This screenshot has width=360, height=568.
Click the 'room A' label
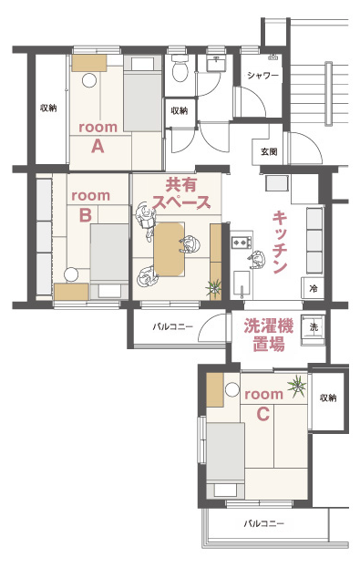coord(98,137)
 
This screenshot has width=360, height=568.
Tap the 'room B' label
coord(90,205)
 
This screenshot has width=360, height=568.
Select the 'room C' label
coord(263,404)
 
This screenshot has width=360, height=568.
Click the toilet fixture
coord(179,68)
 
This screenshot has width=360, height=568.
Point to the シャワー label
coord(263,76)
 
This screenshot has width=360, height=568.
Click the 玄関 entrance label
coord(269,151)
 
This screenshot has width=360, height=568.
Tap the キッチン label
coord(280,243)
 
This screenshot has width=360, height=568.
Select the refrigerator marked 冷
coord(314,288)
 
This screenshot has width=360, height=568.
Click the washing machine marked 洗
coord(314,326)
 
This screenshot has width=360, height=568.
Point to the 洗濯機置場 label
coord(268,336)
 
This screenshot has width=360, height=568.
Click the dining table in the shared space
coord(170,250)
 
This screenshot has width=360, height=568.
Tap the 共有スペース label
coord(181,193)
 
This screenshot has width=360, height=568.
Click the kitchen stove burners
coord(242,241)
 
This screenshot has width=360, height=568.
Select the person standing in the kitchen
coord(257,259)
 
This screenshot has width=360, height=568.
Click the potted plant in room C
coord(297,385)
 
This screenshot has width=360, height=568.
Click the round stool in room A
coord(89,80)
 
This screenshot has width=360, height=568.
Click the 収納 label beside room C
coord(328,398)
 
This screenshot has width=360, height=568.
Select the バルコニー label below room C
coord(264,523)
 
